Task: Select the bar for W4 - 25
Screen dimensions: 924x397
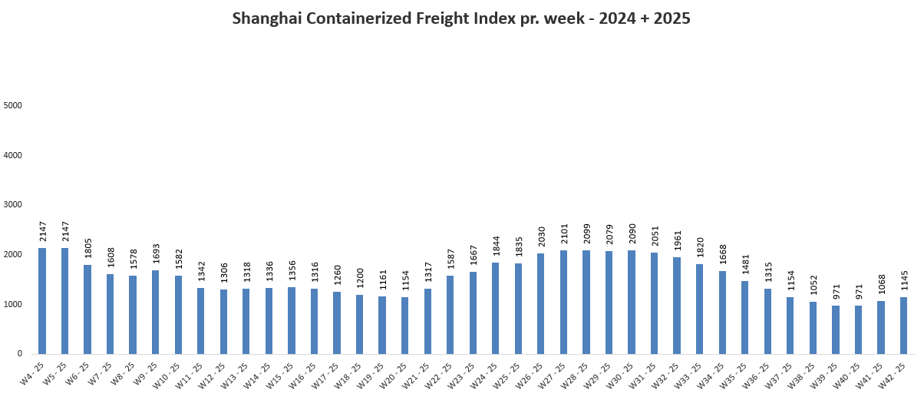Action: click(42, 301)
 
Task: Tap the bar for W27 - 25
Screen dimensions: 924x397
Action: click(563, 302)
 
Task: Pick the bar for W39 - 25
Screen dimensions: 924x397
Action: click(835, 329)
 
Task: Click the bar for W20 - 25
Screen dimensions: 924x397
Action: click(404, 326)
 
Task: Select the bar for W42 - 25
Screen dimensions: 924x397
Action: click(903, 326)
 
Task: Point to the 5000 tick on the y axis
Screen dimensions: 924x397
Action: click(12, 106)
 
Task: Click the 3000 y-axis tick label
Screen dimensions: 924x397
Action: click(12, 205)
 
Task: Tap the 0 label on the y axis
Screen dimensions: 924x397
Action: click(20, 354)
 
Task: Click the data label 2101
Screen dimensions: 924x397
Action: click(564, 233)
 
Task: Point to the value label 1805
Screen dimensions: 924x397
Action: click(87, 249)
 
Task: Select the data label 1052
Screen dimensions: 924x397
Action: click(813, 285)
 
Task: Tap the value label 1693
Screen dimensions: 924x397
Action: click(156, 254)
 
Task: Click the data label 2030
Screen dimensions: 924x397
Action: click(541, 237)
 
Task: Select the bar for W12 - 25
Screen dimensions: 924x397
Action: click(223, 322)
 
